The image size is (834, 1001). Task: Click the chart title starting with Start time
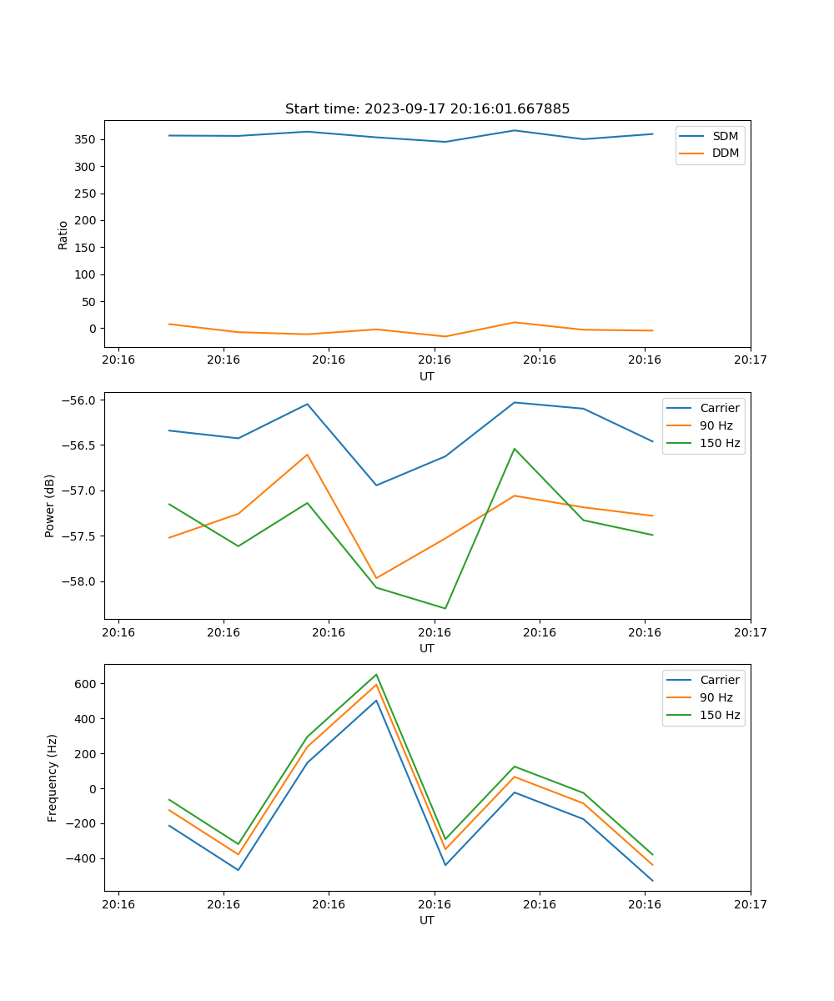click(427, 109)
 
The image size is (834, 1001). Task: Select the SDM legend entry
click(725, 136)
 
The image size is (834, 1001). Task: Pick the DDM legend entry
click(725, 153)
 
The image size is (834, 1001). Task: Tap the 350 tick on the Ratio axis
click(89, 139)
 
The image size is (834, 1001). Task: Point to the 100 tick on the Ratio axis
click(89, 274)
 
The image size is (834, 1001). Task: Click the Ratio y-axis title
click(63, 234)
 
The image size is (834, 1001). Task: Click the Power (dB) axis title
click(51, 506)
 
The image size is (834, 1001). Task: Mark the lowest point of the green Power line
click(445, 608)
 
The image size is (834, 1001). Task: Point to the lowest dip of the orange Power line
click(376, 578)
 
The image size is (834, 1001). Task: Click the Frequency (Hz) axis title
click(53, 777)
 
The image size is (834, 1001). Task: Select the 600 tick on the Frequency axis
click(87, 684)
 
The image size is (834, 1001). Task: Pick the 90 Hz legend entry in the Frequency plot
click(716, 697)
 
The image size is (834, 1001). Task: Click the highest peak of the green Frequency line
click(376, 674)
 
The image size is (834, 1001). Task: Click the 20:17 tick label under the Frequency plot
click(750, 904)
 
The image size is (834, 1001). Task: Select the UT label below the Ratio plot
click(427, 376)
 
